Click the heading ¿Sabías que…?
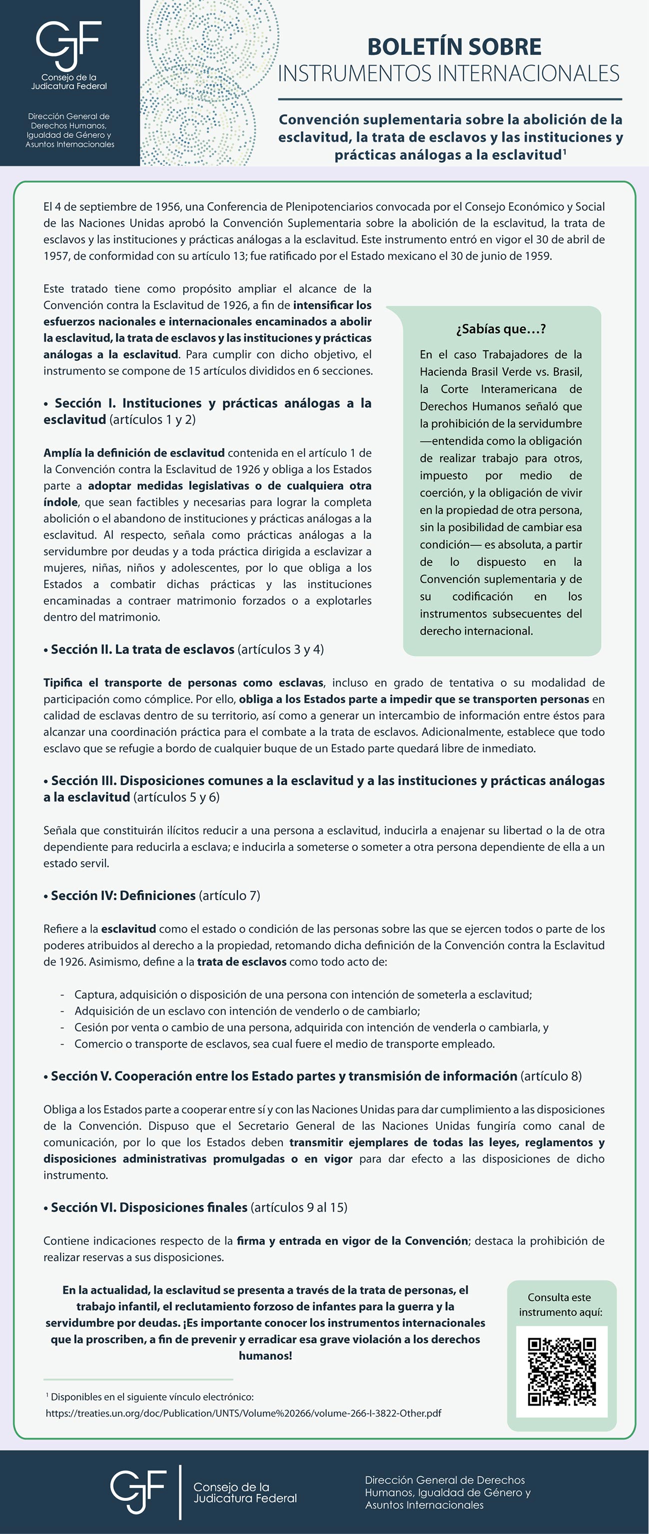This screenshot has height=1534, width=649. pyautogui.click(x=501, y=329)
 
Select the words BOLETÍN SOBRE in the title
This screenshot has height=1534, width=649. pyautogui.click(x=454, y=46)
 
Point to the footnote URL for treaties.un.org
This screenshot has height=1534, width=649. pyautogui.click(x=243, y=1413)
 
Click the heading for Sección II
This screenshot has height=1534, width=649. pyautogui.click(x=143, y=649)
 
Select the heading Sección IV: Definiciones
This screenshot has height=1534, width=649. pyautogui.click(x=123, y=895)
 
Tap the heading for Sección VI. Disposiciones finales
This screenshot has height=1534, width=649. pyautogui.click(x=149, y=1207)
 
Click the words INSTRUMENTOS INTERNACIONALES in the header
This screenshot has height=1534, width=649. pyautogui.click(x=448, y=73)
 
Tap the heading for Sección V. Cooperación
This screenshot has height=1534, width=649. pyautogui.click(x=283, y=1076)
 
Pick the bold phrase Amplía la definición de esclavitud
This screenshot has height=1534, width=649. pyautogui.click(x=134, y=453)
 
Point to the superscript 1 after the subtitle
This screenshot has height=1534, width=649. pyautogui.click(x=564, y=151)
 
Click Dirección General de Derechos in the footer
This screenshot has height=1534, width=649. pyautogui.click(x=445, y=1480)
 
